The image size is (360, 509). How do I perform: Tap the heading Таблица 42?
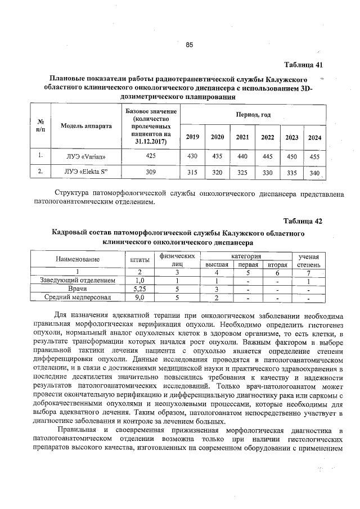pyautogui.click(x=303, y=220)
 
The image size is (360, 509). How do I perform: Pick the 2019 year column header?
pyautogui.click(x=192, y=137)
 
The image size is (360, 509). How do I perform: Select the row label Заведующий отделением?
pyautogui.click(x=78, y=280)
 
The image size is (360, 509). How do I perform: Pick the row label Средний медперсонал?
pyautogui.click(x=78, y=297)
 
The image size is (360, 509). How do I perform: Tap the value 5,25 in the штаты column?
pyautogui.click(x=140, y=289)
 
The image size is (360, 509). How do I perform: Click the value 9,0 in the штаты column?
pyautogui.click(x=140, y=297)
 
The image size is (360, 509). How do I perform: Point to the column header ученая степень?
pyautogui.click(x=309, y=260)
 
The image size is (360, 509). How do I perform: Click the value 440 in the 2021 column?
pyautogui.click(x=242, y=155)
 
